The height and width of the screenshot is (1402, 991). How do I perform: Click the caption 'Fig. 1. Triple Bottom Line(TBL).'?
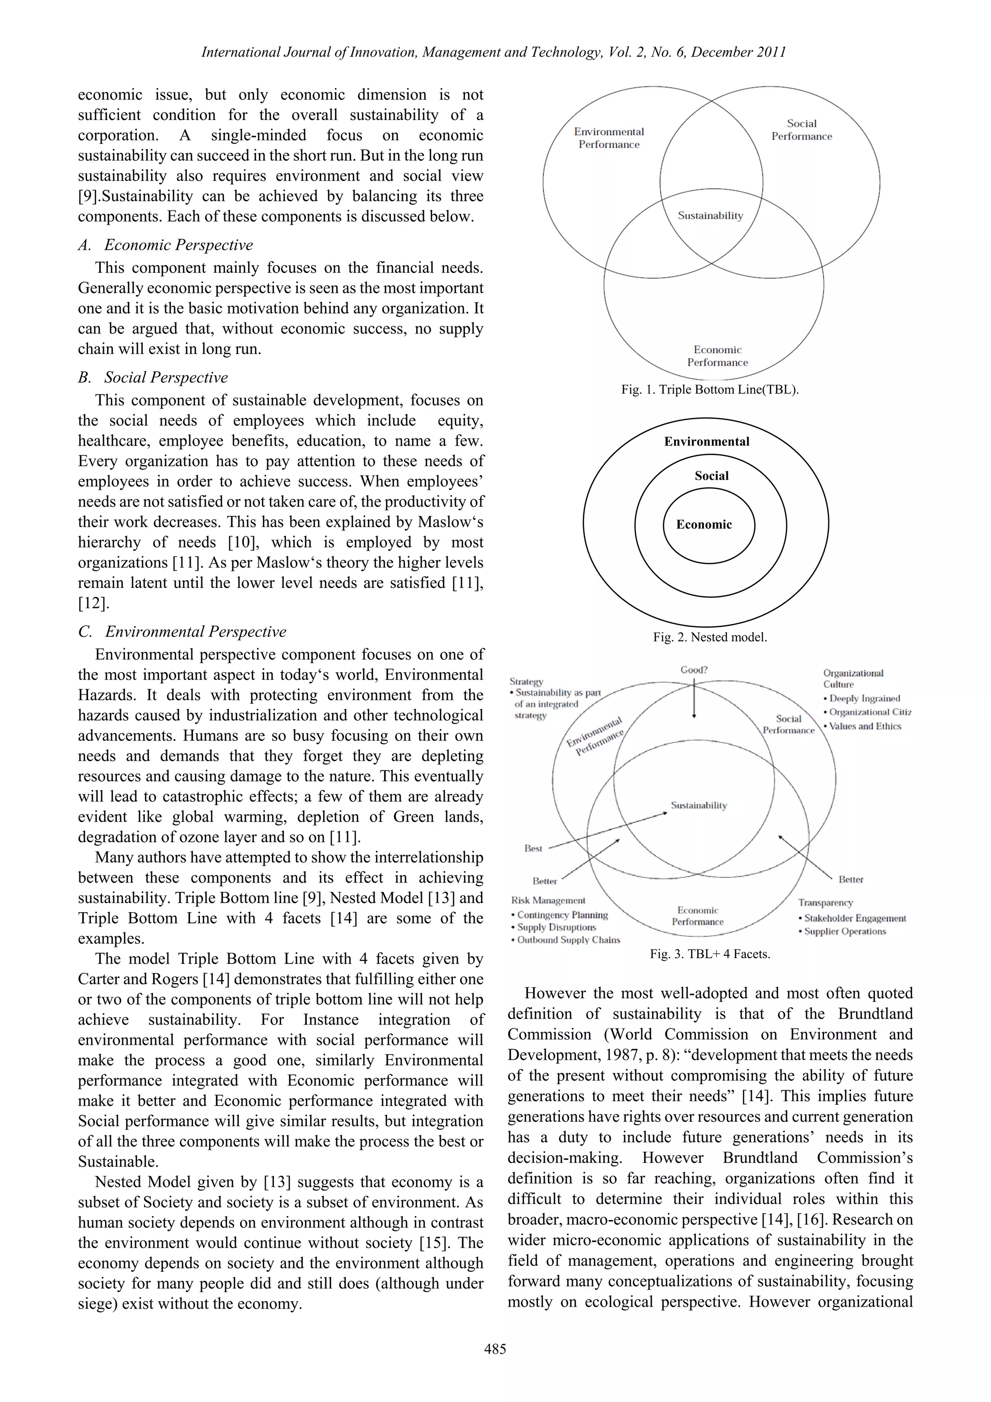tap(709, 390)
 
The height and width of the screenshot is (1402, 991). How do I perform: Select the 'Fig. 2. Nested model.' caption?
tap(709, 637)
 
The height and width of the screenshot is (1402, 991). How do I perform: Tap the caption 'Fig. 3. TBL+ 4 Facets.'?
tap(709, 954)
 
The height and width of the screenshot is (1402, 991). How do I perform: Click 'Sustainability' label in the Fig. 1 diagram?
tap(710, 215)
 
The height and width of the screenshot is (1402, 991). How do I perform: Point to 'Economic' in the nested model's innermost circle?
tap(704, 525)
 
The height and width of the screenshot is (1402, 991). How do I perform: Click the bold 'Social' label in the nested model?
tap(711, 476)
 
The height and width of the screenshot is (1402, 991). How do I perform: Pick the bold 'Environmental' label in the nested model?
tap(706, 441)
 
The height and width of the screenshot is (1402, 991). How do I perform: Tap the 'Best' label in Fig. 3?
tap(533, 848)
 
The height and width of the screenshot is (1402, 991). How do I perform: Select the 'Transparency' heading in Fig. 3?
tap(825, 903)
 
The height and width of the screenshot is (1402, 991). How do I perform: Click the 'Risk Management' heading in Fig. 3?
tap(548, 900)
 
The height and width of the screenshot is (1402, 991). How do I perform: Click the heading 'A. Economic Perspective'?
tap(165, 245)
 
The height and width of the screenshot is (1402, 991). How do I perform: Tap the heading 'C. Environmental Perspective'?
tap(182, 632)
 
